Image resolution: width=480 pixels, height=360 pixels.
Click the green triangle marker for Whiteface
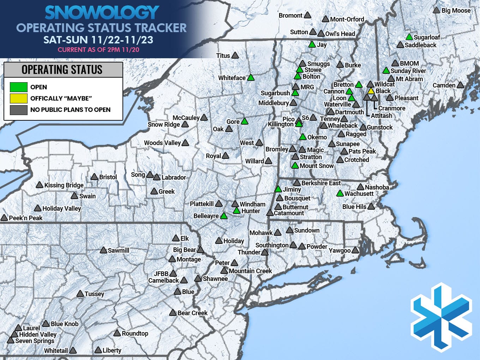pos(251,78)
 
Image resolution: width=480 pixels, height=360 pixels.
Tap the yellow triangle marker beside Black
pos(371,91)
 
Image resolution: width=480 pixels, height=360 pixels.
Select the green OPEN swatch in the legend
pos(19,87)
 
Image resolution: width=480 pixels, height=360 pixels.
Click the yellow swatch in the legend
pos(19,98)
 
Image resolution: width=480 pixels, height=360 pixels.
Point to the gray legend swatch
pos(19,110)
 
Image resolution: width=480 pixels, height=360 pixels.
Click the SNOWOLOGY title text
pos(102,13)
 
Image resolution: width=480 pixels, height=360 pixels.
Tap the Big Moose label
pos(456,11)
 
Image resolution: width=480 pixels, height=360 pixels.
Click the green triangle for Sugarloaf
pos(409,37)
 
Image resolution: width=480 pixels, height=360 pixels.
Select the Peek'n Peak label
pos(26,218)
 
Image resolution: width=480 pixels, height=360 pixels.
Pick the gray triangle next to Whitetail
pos(73,350)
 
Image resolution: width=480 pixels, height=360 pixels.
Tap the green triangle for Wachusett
pos(340,193)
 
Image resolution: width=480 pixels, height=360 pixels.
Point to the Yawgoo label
pos(340,251)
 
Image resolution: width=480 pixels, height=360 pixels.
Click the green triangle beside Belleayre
pos(224,216)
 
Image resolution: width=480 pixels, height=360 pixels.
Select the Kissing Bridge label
pos(64,185)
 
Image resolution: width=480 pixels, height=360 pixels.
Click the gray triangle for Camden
pos(460,85)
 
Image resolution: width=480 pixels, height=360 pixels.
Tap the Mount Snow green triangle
pos(295,166)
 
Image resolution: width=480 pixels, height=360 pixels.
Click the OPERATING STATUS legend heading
pos(62,70)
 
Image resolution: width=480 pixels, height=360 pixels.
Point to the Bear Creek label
pos(192,313)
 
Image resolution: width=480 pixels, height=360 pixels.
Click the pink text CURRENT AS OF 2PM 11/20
pos(98,50)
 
